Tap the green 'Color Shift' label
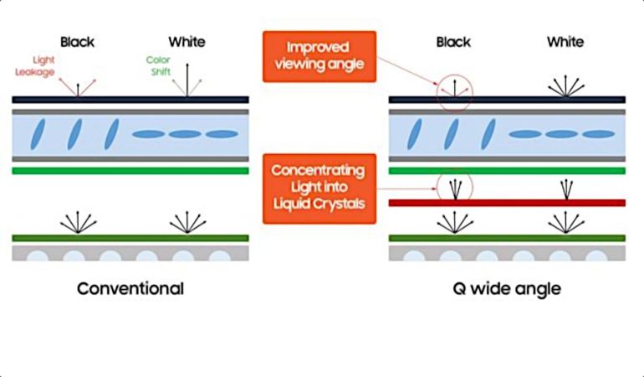point(158,66)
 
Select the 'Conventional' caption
point(130,289)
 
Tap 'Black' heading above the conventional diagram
point(78,41)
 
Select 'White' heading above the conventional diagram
point(187,41)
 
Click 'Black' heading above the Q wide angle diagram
point(454,41)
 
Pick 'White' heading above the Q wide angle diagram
point(565,41)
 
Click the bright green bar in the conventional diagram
point(130,171)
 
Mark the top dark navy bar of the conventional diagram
point(130,99)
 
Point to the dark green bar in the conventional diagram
point(130,238)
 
